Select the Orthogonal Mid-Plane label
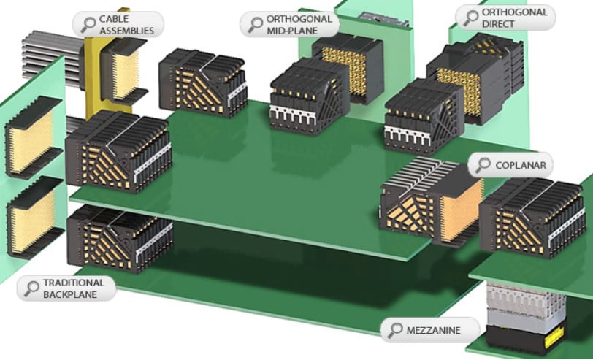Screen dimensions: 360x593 (x=299, y=25)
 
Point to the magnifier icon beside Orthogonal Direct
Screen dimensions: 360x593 (x=467, y=18)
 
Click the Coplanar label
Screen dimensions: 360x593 (x=521, y=165)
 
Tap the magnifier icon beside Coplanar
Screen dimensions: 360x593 (x=483, y=165)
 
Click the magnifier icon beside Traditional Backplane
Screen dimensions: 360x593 (x=31, y=288)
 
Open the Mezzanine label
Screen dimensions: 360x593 (x=433, y=330)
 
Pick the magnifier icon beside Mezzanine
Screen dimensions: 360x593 (x=395, y=330)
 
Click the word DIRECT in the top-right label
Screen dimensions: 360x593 (x=498, y=24)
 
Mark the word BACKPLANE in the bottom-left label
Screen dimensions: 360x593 (x=69, y=294)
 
